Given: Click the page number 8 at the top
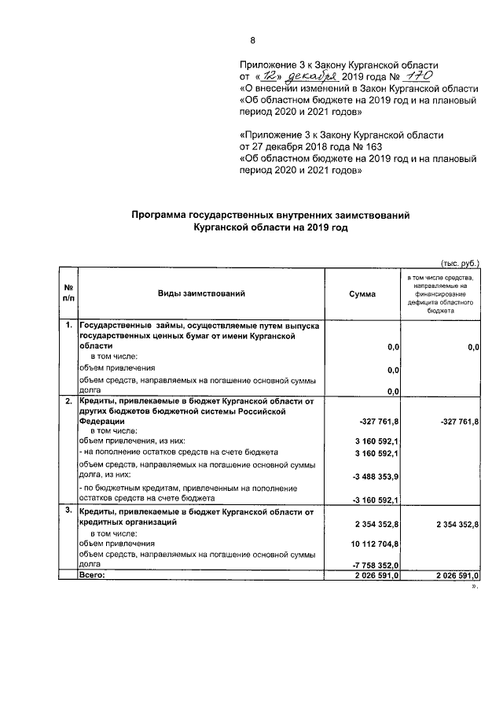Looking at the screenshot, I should point(252,41).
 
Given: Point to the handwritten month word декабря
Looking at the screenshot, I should point(312,77).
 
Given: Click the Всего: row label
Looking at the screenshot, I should point(91,576).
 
